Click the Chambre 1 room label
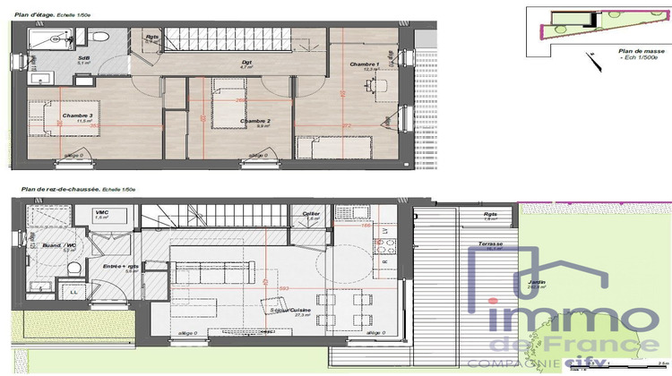[x=365, y=64]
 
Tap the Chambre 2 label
[x=255, y=121]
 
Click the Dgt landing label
[x=246, y=62]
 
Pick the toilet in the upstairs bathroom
[x=99, y=36]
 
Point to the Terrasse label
[x=489, y=244]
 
